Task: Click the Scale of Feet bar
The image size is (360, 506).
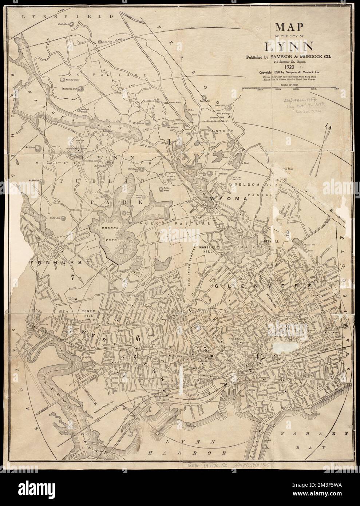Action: click(x=289, y=88)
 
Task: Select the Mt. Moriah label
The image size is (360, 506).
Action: click(x=33, y=180)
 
